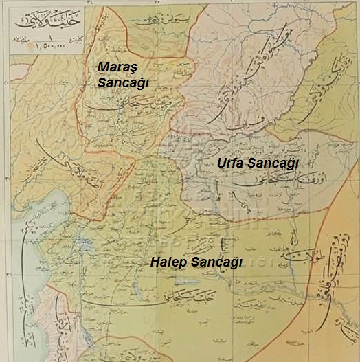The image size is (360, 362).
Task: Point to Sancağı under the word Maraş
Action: coord(120,82)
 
